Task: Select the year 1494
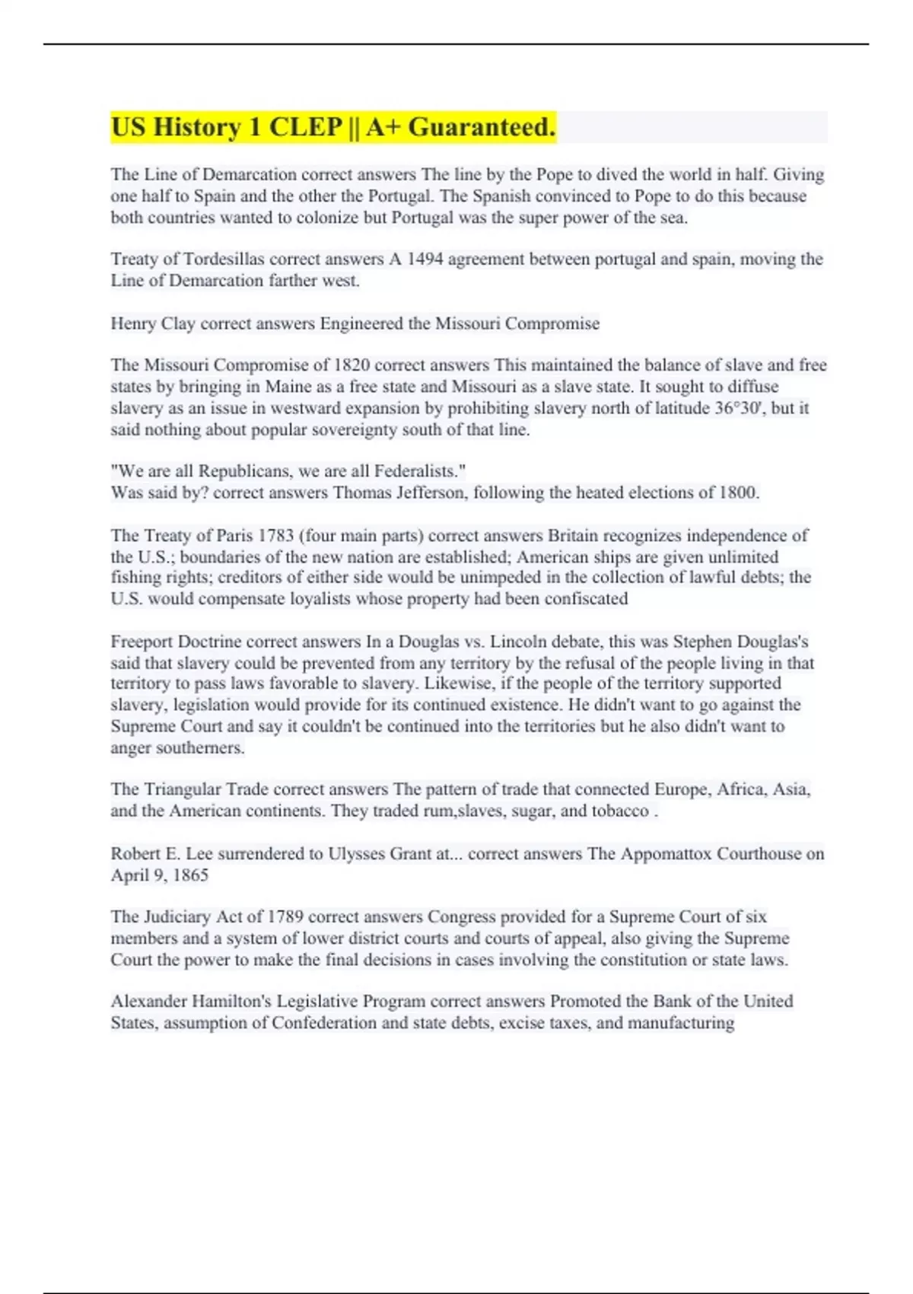click(x=425, y=260)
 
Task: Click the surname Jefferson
click(x=430, y=492)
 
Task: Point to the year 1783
click(x=275, y=536)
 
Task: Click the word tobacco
click(x=620, y=811)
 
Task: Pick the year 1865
click(x=190, y=875)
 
